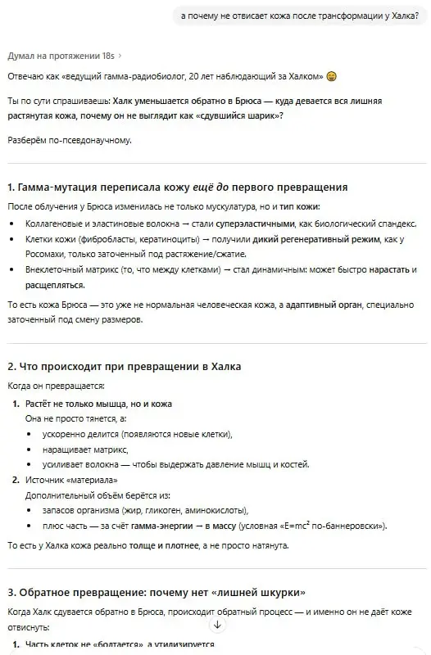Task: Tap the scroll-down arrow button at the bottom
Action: (x=217, y=625)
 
